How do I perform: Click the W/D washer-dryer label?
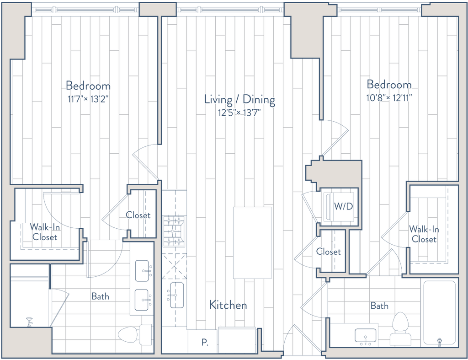(x=343, y=206)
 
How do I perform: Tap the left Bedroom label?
(x=88, y=86)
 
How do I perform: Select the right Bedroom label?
(x=389, y=85)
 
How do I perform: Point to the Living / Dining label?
(x=239, y=99)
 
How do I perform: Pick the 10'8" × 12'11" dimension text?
(x=389, y=97)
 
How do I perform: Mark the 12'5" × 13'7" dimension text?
(x=239, y=113)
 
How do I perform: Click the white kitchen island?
(x=252, y=242)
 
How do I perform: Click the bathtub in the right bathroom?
(x=439, y=312)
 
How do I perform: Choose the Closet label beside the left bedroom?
(x=138, y=215)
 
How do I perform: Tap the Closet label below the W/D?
(x=329, y=252)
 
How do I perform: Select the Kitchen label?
(x=228, y=305)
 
